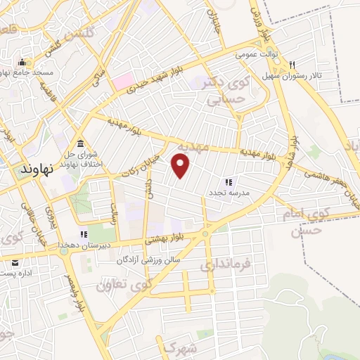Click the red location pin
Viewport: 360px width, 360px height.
pos(181,166)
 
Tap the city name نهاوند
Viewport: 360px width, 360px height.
pos(37,170)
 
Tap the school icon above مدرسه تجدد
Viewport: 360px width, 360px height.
pos(228,181)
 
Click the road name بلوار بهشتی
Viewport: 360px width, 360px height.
pos(167,239)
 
